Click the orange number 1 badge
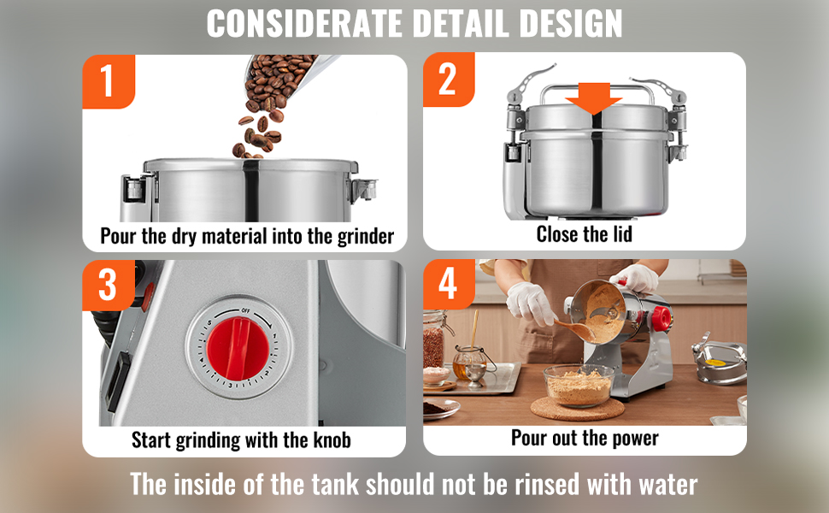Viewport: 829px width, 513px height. coord(109,81)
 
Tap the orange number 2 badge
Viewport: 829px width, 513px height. coord(449,80)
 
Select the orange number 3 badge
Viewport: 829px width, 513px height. coord(109,285)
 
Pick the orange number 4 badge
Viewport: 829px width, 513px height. coord(449,284)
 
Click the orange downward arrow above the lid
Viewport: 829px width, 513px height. coord(594,98)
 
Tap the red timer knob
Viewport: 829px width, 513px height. coord(238,349)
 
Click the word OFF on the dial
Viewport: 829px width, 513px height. coord(245,310)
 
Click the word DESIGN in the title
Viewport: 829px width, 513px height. coord(570,23)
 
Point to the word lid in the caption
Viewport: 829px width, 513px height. coord(622,233)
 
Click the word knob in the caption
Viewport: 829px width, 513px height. coord(332,440)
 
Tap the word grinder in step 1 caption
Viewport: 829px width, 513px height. coord(366,236)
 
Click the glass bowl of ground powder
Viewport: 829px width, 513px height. coord(579,386)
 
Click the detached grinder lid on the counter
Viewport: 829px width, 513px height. coord(719,361)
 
